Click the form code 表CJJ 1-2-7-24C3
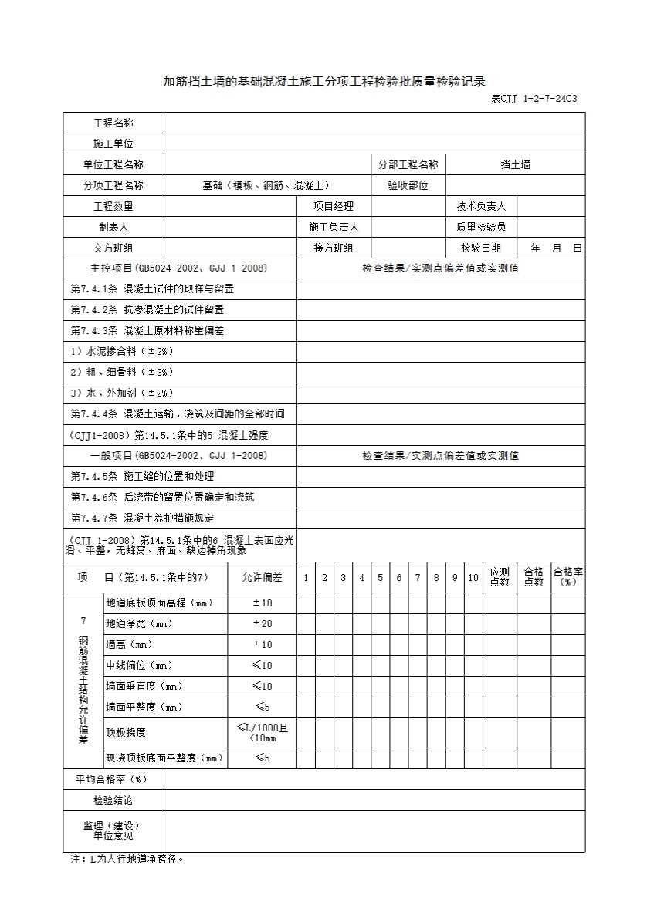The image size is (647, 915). tap(534, 99)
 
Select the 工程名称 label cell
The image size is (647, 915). tap(113, 123)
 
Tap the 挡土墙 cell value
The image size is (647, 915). tap(515, 164)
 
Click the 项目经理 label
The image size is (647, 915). tap(334, 206)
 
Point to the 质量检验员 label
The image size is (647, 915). tap(481, 227)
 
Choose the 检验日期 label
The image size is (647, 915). tap(481, 248)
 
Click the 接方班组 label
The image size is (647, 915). tap(334, 248)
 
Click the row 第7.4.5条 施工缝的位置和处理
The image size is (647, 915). tap(143, 476)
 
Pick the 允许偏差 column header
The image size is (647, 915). tap(262, 578)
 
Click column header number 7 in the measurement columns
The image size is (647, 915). tap(418, 578)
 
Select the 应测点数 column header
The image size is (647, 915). tap(500, 577)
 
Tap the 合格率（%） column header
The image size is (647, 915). tap(567, 577)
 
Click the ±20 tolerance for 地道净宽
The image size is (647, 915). tap(263, 623)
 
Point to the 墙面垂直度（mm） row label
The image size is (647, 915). tap(144, 686)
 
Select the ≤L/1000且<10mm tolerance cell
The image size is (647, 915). tap(263, 732)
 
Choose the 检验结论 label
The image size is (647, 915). tap(113, 800)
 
